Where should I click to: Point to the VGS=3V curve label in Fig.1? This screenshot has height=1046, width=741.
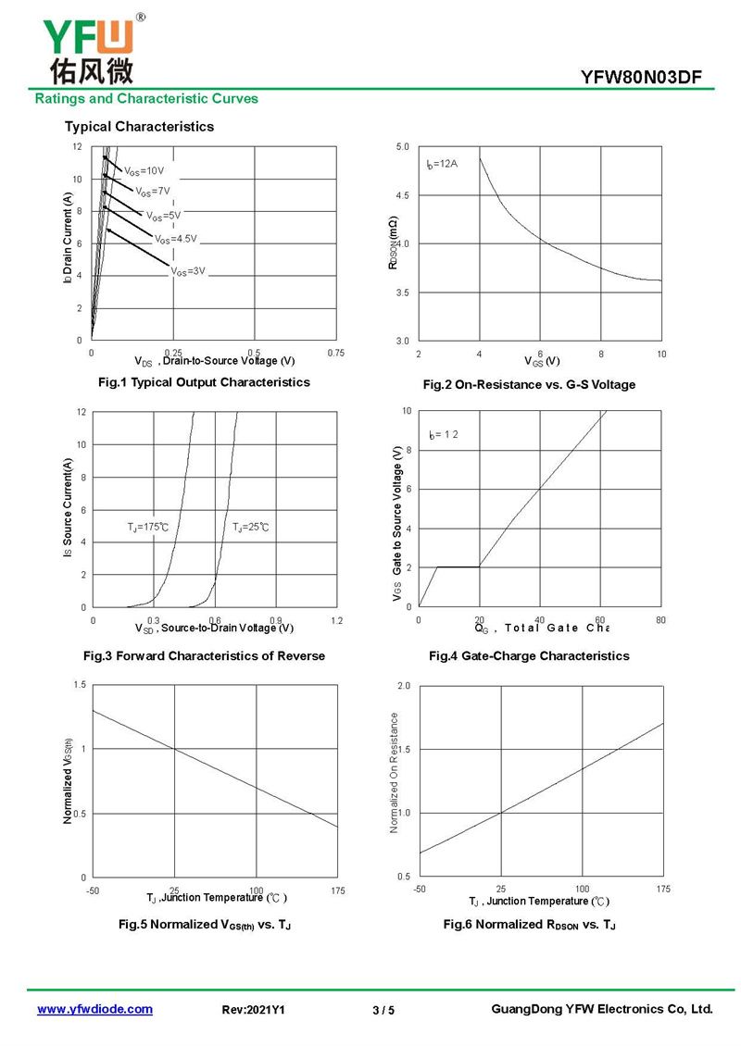point(187,271)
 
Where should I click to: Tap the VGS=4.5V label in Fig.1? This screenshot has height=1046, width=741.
point(175,239)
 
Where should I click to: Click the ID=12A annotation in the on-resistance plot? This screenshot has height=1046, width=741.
point(442,164)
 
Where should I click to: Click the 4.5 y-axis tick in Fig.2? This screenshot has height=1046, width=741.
point(402,195)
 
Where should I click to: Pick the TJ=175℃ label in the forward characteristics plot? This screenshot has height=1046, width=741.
point(148,527)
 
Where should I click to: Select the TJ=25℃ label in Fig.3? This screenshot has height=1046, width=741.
point(250,527)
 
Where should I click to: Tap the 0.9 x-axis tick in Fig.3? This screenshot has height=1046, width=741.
point(276,620)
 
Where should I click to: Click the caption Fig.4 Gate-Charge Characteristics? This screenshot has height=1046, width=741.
point(528,655)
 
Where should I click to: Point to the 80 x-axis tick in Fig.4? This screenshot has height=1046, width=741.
point(660,620)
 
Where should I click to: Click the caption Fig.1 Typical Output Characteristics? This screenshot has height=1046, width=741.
point(204,381)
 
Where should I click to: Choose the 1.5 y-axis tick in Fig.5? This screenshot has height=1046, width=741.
point(80,684)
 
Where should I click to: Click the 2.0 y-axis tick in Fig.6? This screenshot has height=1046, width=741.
point(403,686)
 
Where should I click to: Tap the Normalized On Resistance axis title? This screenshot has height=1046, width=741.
point(395,772)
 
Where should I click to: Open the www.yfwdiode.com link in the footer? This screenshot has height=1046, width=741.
point(94,1009)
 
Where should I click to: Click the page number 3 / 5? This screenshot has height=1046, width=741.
point(383,1010)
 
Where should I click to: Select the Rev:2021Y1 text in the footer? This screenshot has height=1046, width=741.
point(253,1010)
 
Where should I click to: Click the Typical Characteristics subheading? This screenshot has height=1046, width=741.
point(139,126)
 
